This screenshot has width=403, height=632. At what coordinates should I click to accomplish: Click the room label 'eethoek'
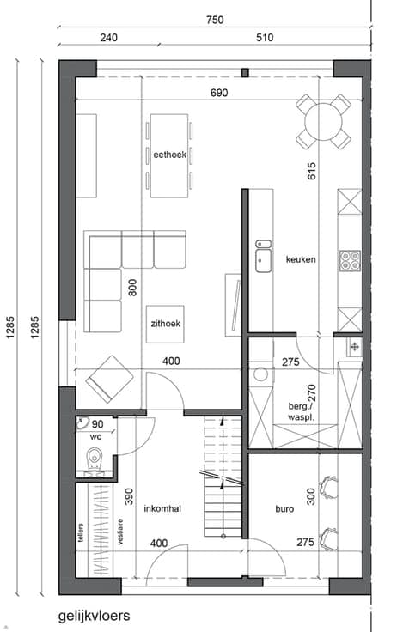tap(170, 155)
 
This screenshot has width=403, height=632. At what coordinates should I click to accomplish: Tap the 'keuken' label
tap(301, 259)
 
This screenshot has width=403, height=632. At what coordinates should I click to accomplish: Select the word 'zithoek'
tap(165, 323)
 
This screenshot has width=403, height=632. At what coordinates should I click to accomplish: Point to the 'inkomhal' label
tap(162, 508)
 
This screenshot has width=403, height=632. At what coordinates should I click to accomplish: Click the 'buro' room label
tap(284, 509)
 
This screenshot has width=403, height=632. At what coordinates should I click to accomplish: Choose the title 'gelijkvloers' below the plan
tap(94, 616)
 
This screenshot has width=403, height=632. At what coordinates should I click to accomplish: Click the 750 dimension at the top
tap(215, 20)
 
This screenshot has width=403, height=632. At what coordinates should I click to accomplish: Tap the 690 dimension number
tap(219, 93)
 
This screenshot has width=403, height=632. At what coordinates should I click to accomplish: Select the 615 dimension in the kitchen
tap(311, 171)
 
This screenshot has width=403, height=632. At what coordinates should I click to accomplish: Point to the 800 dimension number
tap(132, 288)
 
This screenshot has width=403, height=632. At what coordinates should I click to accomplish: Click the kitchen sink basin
tap(264, 260)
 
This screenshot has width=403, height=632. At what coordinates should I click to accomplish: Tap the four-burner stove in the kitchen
tap(350, 261)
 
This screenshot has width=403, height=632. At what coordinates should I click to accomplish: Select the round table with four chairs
tap(323, 121)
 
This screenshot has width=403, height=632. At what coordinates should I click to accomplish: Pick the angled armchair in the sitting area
tap(109, 379)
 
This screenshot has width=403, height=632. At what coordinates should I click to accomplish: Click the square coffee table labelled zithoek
tap(165, 324)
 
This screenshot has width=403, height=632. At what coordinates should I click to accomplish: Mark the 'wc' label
tap(96, 437)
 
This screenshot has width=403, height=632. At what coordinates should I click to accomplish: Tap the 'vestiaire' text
tap(119, 532)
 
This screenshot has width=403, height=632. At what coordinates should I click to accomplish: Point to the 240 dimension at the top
tap(109, 38)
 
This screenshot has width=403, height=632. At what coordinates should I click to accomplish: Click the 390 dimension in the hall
tap(129, 497)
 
